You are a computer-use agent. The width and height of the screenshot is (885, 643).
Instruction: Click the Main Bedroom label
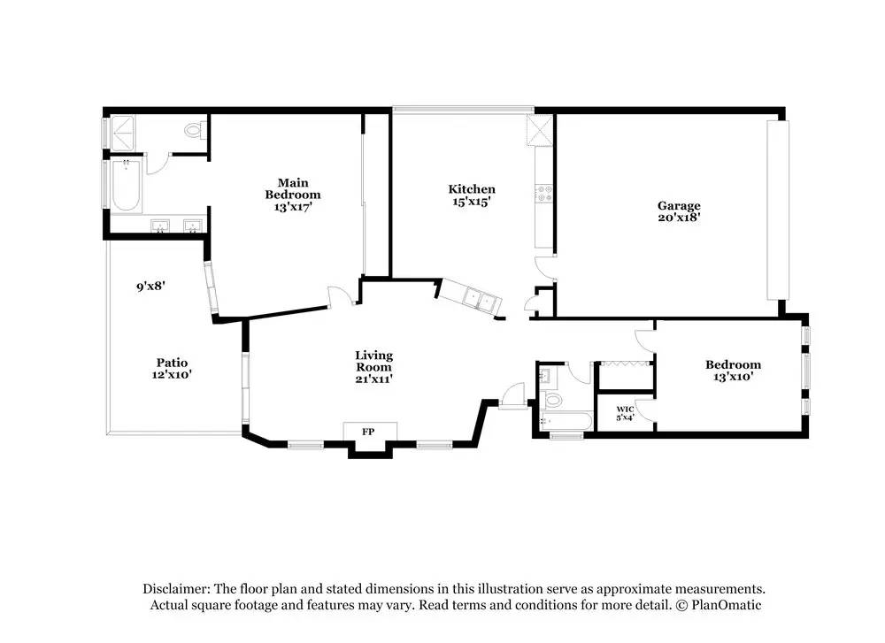pyautogui.click(x=293, y=188)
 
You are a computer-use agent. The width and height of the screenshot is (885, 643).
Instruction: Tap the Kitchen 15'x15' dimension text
pyautogui.click(x=471, y=202)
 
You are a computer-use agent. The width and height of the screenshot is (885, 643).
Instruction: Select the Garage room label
pyautogui.click(x=679, y=205)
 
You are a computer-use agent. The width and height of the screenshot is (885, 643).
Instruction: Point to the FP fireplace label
pyautogui.click(x=368, y=432)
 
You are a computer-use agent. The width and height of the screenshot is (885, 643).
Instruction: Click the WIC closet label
pyautogui.click(x=625, y=409)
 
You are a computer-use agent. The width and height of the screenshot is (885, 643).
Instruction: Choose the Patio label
pyautogui.click(x=173, y=362)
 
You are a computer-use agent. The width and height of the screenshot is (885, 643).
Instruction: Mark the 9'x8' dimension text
pyautogui.click(x=150, y=286)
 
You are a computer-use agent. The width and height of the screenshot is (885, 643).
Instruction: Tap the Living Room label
pyautogui.click(x=373, y=361)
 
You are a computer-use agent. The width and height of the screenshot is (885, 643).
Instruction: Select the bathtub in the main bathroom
pyautogui.click(x=126, y=186)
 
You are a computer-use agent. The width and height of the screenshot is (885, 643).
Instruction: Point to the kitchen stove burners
pyautogui.click(x=544, y=194)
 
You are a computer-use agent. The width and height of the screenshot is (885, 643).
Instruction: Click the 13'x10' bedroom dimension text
pyautogui.click(x=733, y=377)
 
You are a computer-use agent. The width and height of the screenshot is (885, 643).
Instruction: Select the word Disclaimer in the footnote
pyautogui.click(x=177, y=589)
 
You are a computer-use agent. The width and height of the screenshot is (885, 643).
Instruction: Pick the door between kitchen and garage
pyautogui.click(x=545, y=269)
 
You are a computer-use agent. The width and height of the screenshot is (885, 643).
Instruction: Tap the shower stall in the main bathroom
pyautogui.click(x=123, y=134)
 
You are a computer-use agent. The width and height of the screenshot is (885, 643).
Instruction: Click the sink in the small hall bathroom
pyautogui.click(x=546, y=375)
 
